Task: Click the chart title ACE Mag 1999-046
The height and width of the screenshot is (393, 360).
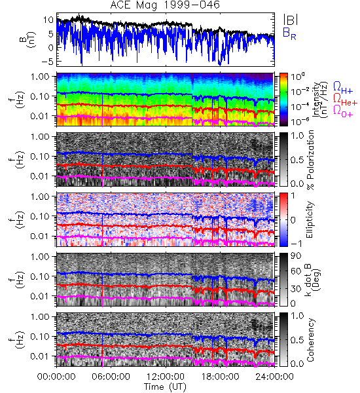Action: [x=165, y=5]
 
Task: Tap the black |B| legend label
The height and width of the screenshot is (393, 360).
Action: [x=291, y=20]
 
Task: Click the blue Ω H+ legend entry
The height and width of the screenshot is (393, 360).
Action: [x=343, y=88]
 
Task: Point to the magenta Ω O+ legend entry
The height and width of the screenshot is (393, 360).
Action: [x=343, y=111]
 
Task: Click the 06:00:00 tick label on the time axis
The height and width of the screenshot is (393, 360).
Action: [x=111, y=377]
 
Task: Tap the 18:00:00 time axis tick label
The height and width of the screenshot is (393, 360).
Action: [x=220, y=377]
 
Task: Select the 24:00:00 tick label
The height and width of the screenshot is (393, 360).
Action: [x=274, y=377]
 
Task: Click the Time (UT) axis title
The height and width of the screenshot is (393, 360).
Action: [x=165, y=386]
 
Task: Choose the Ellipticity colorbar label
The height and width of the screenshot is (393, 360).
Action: [x=310, y=219]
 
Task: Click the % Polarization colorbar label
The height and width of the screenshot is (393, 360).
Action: [x=310, y=160]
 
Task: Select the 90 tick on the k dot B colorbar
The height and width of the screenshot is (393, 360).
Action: [x=295, y=256]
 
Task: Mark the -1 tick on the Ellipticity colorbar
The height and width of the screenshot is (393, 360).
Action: [x=296, y=243]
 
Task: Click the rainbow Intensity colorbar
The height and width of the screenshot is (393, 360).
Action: [x=283, y=100]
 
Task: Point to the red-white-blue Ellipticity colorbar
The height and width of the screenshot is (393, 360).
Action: [x=283, y=219]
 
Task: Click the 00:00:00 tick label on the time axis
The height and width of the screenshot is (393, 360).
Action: [x=56, y=377]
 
